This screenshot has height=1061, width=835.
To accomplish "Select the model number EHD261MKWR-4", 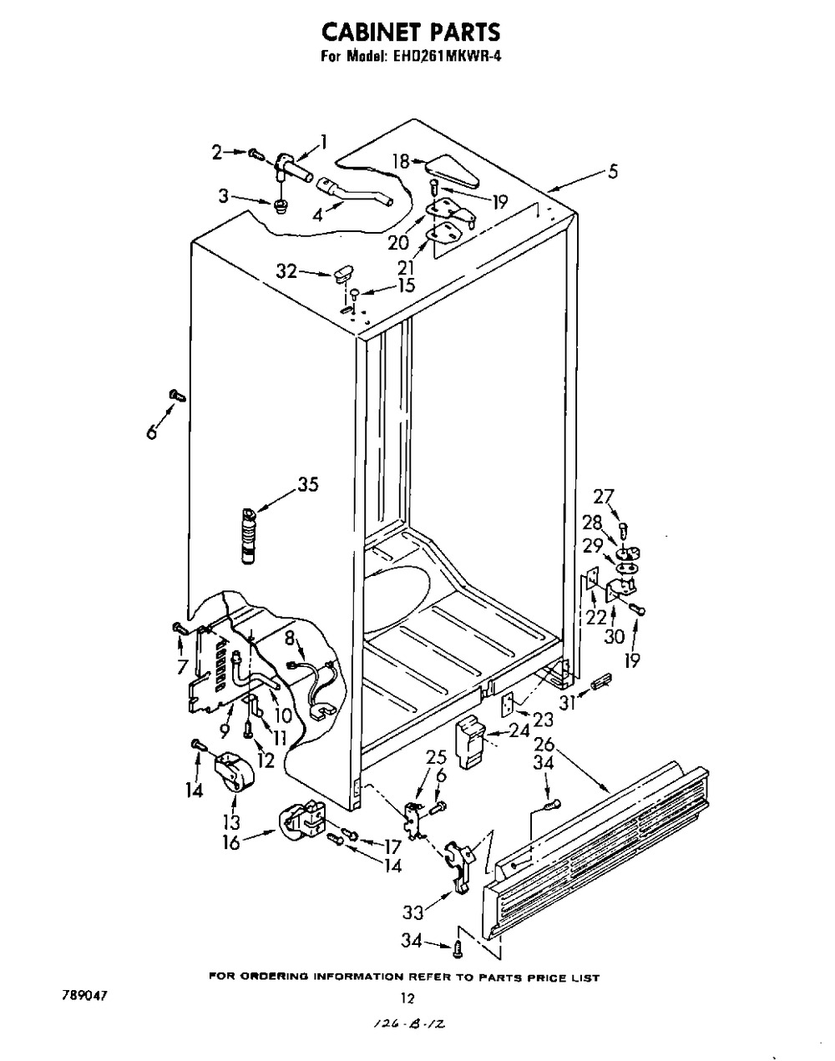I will click(x=447, y=58).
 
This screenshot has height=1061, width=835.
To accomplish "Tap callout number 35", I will click(x=307, y=485).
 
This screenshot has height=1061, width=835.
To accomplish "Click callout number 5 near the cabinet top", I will click(x=613, y=172).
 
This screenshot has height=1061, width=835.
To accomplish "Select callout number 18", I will click(x=402, y=161).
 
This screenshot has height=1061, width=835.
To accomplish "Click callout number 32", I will click(x=286, y=270).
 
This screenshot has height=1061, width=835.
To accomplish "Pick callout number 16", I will click(x=231, y=842).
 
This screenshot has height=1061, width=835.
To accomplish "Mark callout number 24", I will click(x=519, y=731).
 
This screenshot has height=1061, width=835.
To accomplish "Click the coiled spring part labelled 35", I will click(x=248, y=541).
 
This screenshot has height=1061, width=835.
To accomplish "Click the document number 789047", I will click(x=86, y=996).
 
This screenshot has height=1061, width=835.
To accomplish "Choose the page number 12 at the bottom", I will click(x=407, y=997).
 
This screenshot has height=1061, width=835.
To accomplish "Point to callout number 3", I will click(x=223, y=197).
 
